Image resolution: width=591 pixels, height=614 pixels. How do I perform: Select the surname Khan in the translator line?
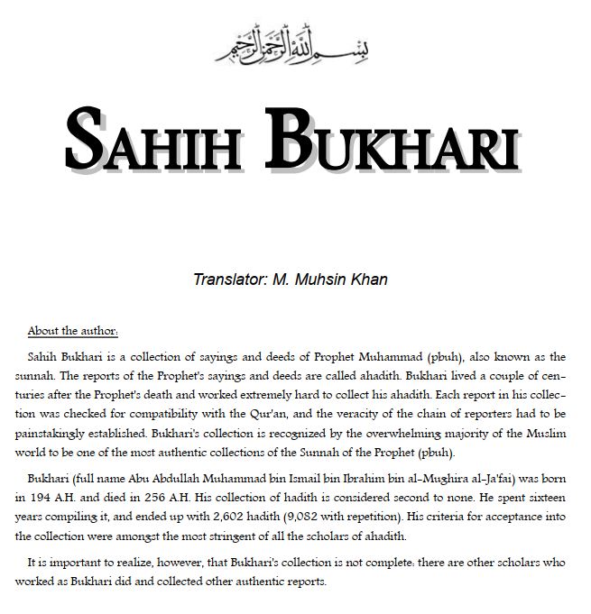click(x=369, y=279)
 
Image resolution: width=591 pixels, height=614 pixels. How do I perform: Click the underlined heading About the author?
click(x=72, y=330)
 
